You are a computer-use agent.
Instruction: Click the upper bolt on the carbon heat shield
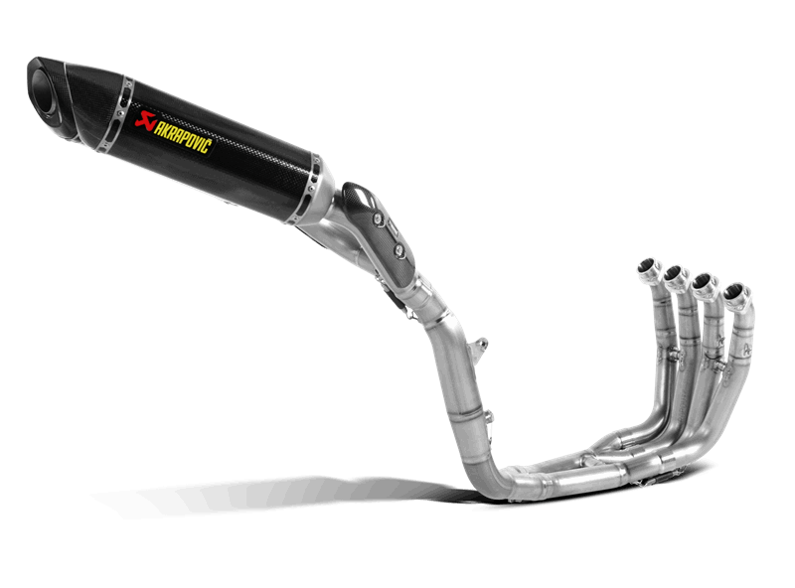click(x=378, y=219)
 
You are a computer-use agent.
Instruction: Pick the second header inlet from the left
click(x=674, y=274)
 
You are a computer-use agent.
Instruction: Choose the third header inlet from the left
click(x=703, y=282)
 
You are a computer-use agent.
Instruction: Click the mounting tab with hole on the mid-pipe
click(x=479, y=350)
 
